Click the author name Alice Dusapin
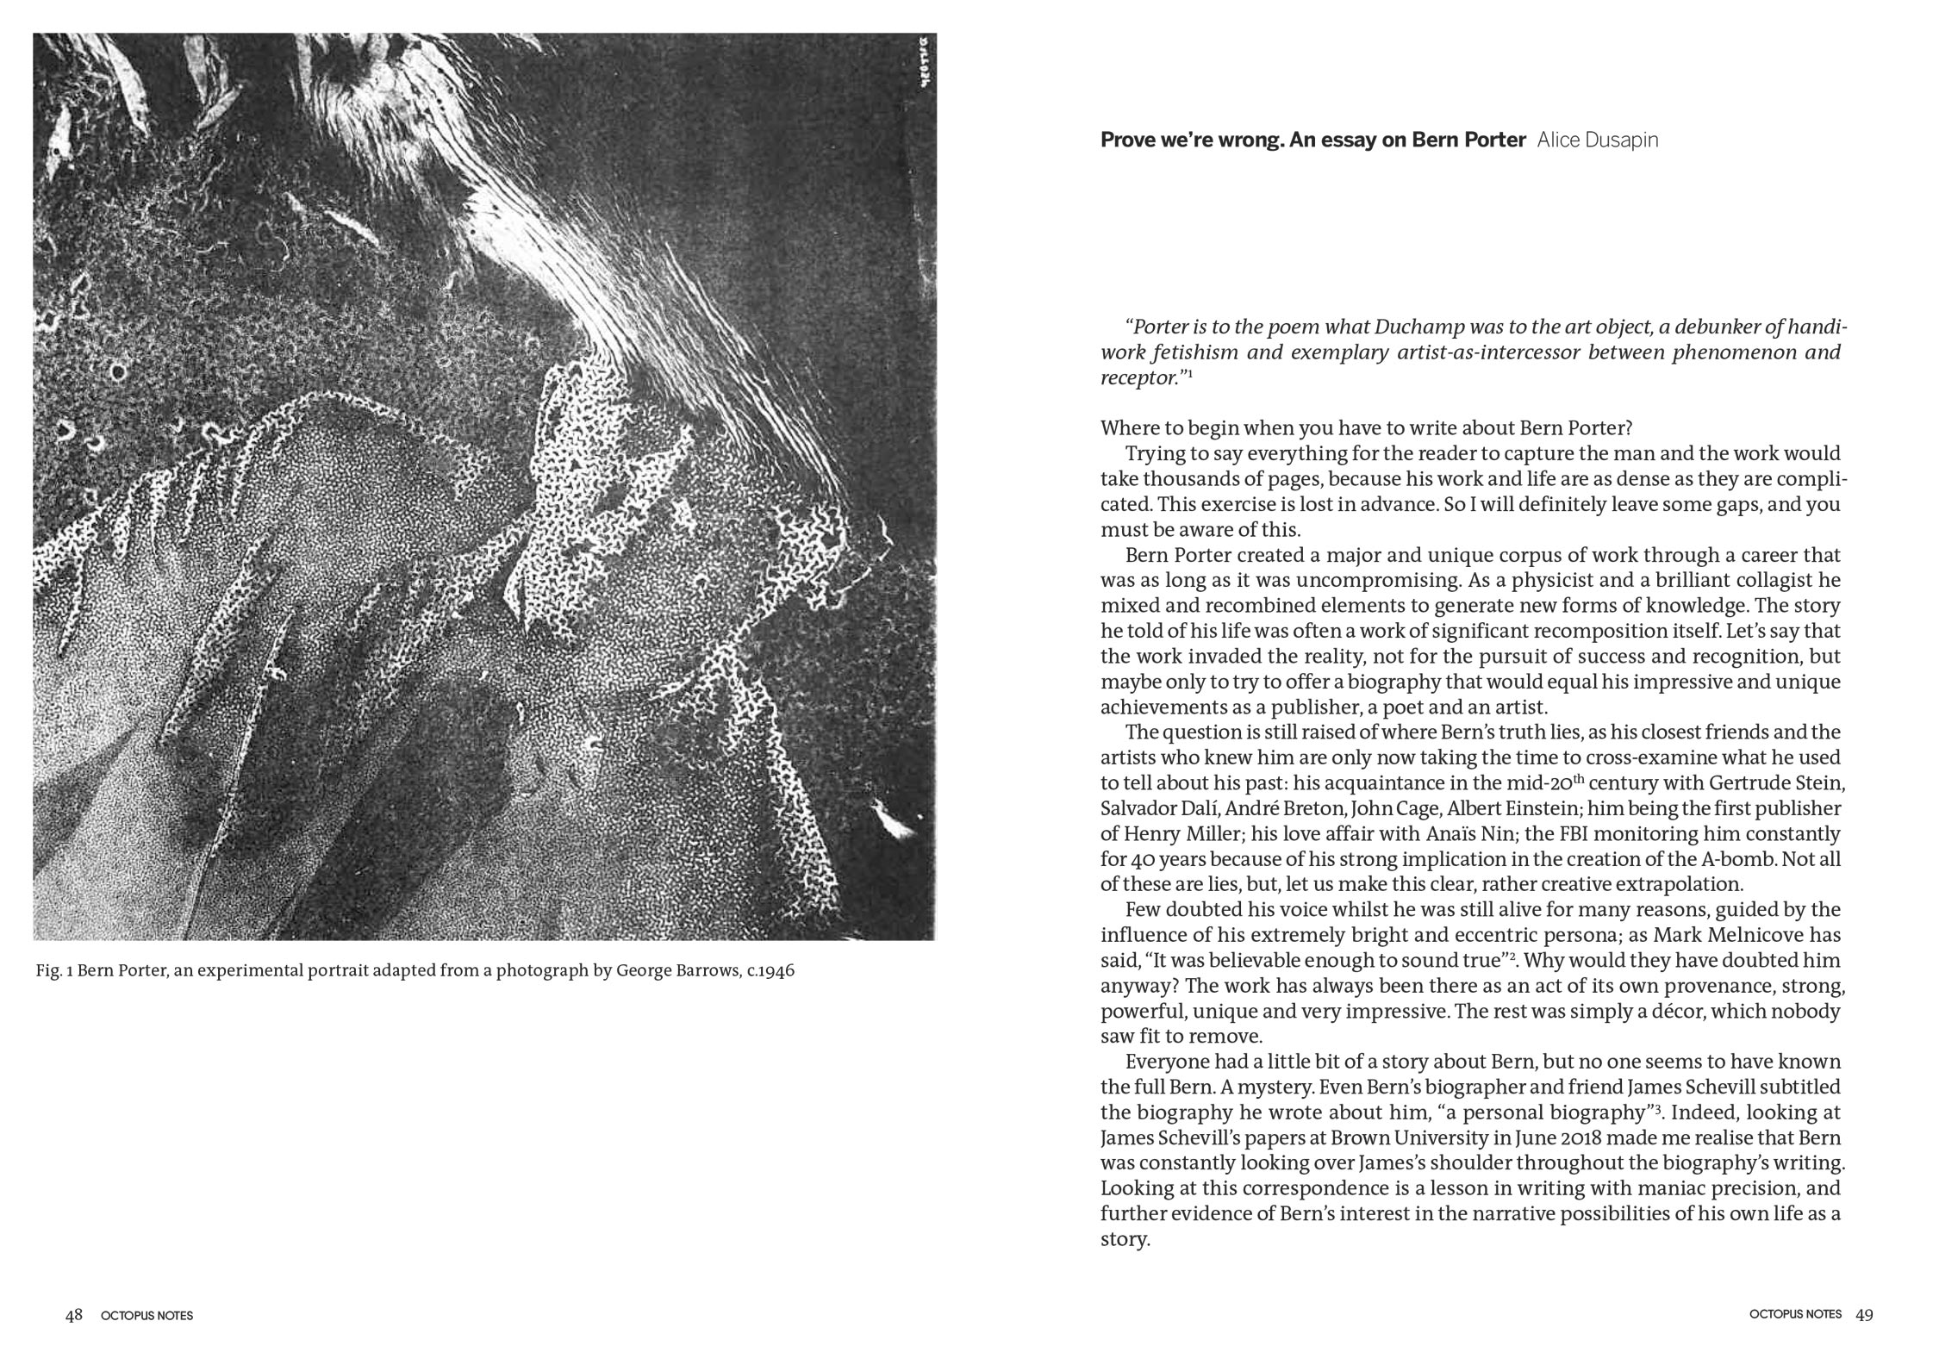click(1597, 140)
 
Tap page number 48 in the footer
click(73, 1314)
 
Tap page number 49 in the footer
click(1864, 1314)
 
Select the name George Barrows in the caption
click(676, 971)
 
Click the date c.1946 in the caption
click(770, 971)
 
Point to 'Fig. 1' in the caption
click(54, 971)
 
